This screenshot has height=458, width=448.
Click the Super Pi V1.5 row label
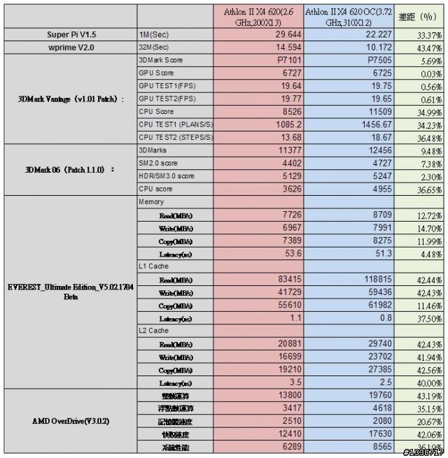point(68,34)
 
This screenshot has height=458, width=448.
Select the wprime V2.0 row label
point(68,47)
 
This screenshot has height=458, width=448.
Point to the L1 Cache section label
point(154,266)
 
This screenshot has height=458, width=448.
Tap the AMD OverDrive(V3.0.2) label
point(68,422)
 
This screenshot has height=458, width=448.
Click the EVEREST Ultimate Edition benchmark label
point(68,293)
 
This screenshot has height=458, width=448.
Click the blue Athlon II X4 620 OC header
point(348,17)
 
